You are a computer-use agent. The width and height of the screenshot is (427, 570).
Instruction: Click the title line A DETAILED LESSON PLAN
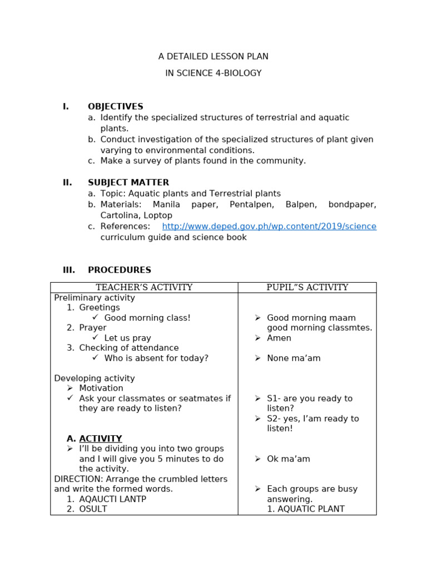pyautogui.click(x=213, y=57)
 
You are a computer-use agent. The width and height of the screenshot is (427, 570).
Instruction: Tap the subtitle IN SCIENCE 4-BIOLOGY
pyautogui.click(x=213, y=73)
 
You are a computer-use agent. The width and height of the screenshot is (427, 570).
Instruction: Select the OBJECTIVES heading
pyautogui.click(x=115, y=107)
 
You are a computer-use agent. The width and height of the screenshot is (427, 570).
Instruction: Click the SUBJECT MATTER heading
pyautogui.click(x=128, y=183)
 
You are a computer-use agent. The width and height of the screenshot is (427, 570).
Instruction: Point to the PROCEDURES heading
pyautogui.click(x=119, y=271)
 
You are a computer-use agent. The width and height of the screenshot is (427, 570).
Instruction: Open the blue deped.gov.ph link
pyautogui.click(x=269, y=227)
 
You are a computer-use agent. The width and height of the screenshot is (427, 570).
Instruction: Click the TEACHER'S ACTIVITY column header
pyautogui.click(x=144, y=288)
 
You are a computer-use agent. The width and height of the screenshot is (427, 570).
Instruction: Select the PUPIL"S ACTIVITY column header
pyautogui.click(x=307, y=288)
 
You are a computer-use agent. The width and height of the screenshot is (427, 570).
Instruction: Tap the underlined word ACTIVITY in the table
pyautogui.click(x=100, y=439)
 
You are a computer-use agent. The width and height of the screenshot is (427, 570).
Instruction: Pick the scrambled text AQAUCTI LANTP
pyautogui.click(x=112, y=499)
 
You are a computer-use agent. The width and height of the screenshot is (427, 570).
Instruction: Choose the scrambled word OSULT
pyautogui.click(x=93, y=509)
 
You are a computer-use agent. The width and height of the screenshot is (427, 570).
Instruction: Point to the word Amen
pyautogui.click(x=279, y=338)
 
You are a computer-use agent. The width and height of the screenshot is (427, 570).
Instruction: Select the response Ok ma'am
pyautogui.click(x=288, y=459)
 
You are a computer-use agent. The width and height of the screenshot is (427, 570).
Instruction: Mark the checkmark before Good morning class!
pyautogui.click(x=96, y=318)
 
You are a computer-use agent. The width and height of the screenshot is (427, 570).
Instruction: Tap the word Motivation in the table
pyautogui.click(x=101, y=389)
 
